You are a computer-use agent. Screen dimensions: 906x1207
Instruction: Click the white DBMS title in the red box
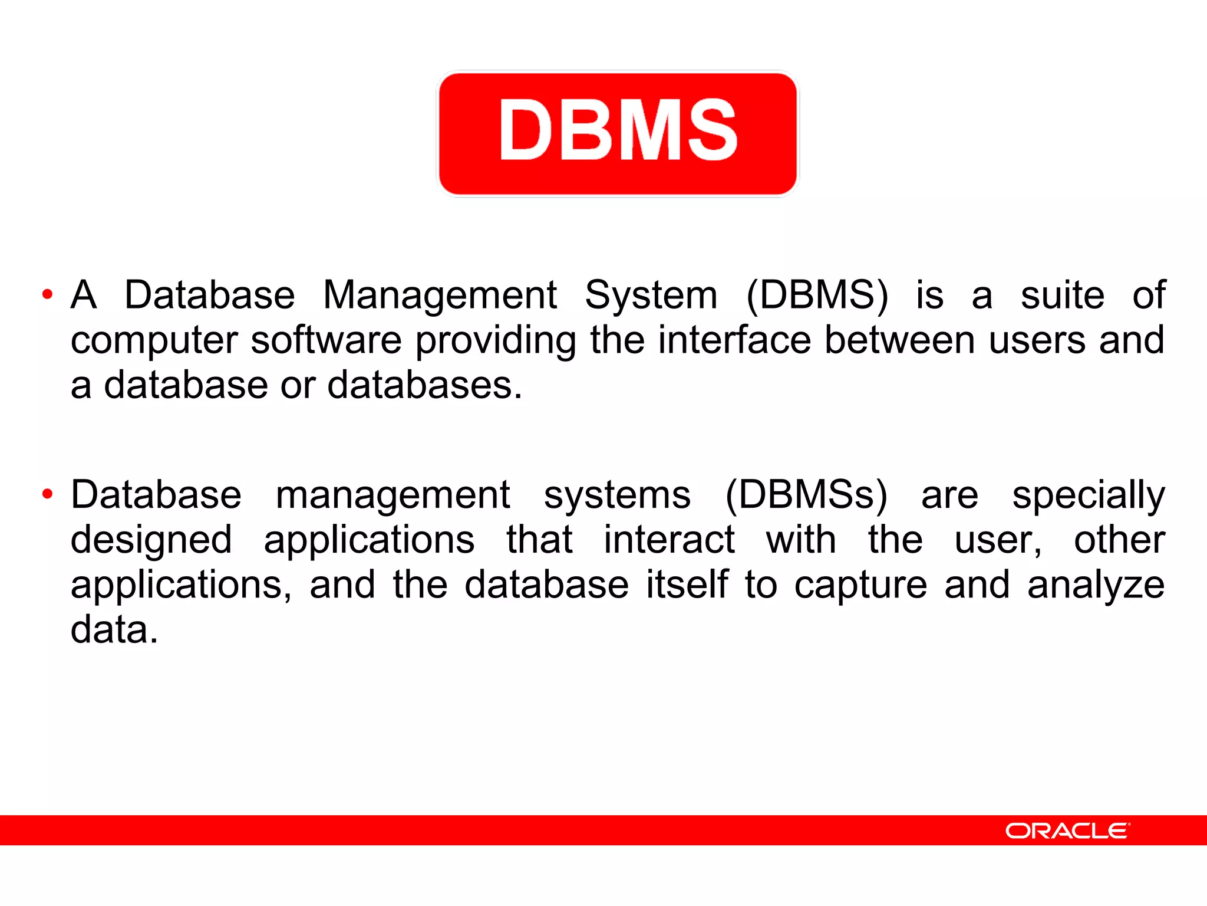(618, 130)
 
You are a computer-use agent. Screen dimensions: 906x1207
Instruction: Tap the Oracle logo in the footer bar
(1067, 830)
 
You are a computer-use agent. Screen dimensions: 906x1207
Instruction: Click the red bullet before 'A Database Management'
(48, 294)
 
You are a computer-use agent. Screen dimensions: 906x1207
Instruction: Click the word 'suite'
(1062, 295)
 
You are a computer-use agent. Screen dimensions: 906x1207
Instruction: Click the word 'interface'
(734, 340)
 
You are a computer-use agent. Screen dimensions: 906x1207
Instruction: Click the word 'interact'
(669, 540)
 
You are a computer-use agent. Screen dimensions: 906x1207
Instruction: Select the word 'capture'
(860, 586)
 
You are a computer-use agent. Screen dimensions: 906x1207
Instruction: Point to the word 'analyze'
(1096, 586)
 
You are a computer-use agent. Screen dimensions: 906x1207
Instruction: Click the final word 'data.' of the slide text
(114, 630)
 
